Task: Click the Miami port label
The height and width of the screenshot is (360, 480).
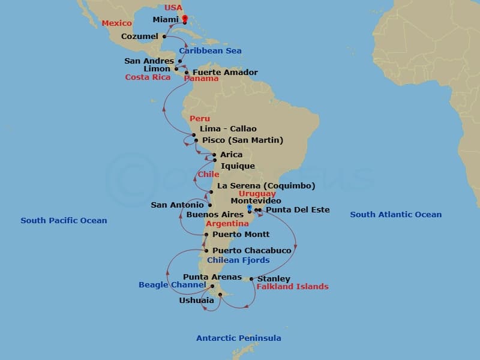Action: click(x=166, y=20)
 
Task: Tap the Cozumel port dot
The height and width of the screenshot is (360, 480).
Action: click(x=164, y=37)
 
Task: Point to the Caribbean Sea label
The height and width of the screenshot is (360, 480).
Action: click(x=210, y=51)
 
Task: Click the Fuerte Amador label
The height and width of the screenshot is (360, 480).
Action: click(x=225, y=73)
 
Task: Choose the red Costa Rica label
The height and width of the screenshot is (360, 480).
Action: click(x=148, y=77)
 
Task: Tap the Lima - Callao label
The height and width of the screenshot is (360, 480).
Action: click(x=228, y=129)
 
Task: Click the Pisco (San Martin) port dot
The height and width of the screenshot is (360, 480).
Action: click(x=196, y=140)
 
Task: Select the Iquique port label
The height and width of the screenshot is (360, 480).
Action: click(x=238, y=166)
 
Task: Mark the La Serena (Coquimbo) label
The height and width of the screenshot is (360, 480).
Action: click(x=266, y=186)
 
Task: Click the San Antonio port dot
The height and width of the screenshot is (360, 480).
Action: click(x=210, y=205)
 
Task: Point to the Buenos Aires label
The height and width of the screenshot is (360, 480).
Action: click(x=214, y=214)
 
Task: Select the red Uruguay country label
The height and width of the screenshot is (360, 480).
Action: click(x=257, y=194)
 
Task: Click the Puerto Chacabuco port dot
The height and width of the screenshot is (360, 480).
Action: click(x=206, y=251)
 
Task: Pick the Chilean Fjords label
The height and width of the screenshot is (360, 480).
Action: click(x=238, y=260)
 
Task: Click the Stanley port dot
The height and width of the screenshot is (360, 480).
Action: click(x=251, y=278)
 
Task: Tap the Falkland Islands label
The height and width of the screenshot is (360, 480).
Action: click(x=292, y=287)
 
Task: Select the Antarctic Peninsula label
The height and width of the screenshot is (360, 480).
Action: click(x=239, y=338)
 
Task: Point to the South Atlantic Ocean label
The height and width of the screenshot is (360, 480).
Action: click(x=395, y=215)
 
